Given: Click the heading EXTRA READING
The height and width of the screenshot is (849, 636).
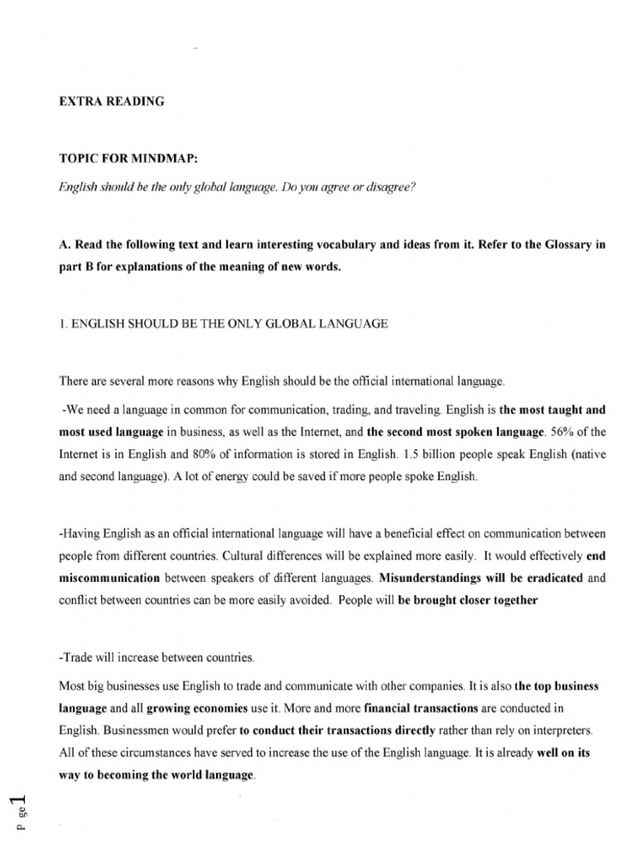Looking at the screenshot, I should [x=112, y=102].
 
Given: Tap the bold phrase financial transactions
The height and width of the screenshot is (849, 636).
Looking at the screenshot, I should [x=414, y=710].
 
